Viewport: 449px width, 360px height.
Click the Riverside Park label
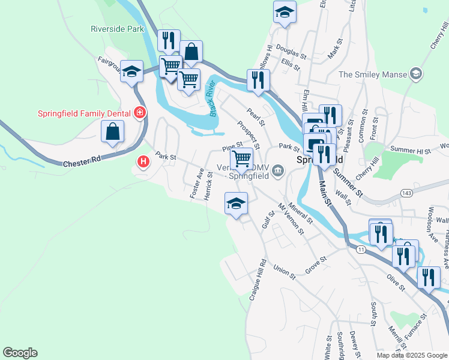(x=118, y=28)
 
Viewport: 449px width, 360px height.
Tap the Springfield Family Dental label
(x=85, y=112)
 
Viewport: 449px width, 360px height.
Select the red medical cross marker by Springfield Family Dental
(x=140, y=112)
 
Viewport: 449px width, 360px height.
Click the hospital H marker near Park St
(x=143, y=161)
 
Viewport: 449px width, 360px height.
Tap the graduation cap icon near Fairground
(x=131, y=72)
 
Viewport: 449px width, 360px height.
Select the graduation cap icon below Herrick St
(x=236, y=204)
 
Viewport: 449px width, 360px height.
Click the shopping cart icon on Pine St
(x=241, y=159)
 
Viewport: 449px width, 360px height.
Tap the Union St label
(x=285, y=272)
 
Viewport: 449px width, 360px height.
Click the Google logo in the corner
(x=20, y=353)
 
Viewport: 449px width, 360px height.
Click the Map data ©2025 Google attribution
(x=412, y=355)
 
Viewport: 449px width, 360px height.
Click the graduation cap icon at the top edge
(x=285, y=12)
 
